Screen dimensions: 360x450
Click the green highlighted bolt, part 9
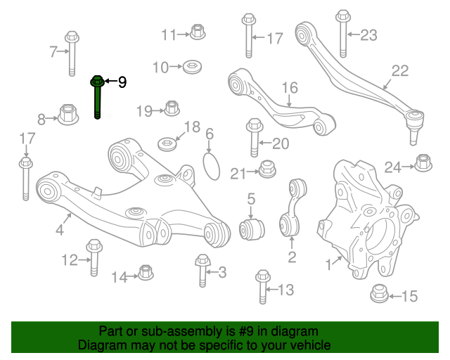97,98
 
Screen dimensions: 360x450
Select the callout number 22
399,70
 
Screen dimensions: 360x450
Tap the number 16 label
290,88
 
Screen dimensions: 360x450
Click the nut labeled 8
68,114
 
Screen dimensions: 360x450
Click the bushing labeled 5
253,229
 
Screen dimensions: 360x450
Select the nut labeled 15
378,295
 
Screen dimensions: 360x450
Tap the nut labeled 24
423,163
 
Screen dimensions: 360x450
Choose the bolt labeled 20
255,139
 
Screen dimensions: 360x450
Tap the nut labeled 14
145,272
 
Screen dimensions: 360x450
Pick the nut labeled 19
171,108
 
